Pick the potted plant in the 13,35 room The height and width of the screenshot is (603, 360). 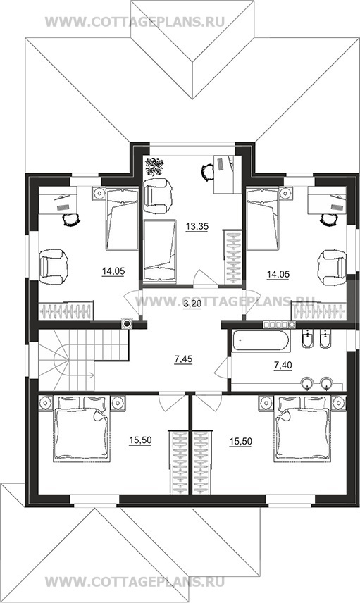coord(154,167)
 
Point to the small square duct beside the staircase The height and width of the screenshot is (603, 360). coord(127,323)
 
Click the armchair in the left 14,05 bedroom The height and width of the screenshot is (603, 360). coord(54,266)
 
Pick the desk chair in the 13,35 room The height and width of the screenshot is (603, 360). coord(208,170)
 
